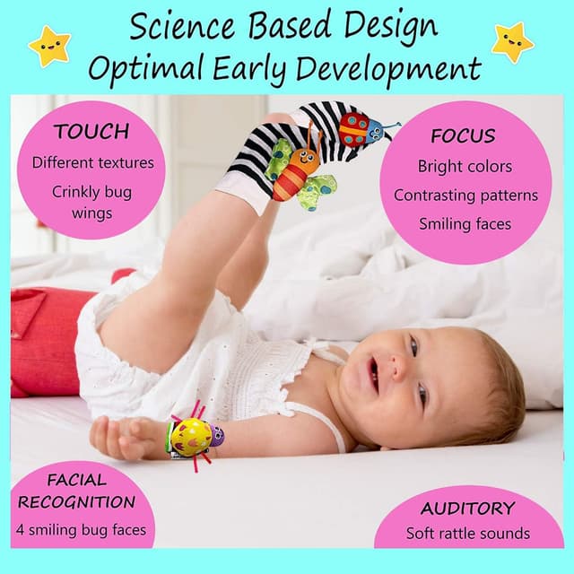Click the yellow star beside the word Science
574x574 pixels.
[48, 45]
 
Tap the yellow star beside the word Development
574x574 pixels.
[512, 42]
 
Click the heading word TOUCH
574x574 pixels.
[91, 132]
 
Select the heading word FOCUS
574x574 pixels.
[463, 136]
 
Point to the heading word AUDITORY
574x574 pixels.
[467, 509]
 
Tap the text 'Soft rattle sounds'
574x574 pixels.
[467, 534]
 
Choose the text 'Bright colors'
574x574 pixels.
[465, 166]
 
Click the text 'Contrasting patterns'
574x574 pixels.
[465, 195]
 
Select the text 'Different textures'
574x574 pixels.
[93, 162]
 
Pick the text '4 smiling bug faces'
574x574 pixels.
[82, 529]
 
